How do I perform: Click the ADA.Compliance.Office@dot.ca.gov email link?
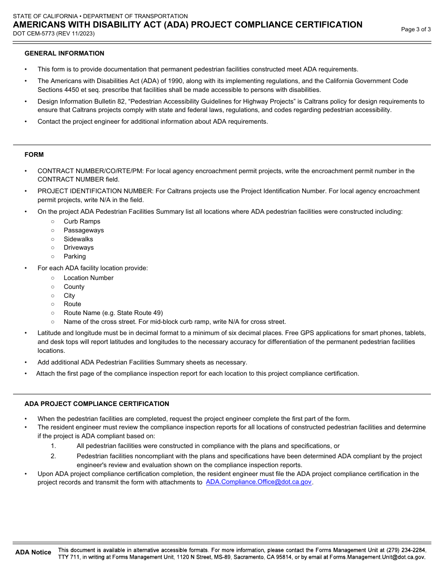258,482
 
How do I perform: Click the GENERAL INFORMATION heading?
64,53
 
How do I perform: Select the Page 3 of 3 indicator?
416,29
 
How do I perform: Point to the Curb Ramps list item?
82,221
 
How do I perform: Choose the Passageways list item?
84,230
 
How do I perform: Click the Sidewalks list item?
78,239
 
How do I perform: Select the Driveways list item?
79,247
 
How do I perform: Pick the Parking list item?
75,256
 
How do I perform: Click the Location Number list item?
88,278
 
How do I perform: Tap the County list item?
74,287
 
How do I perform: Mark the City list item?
69,295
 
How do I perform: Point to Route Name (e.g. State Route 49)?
113,313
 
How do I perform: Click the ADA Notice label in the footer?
33,552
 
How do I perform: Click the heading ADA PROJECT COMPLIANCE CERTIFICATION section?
97,404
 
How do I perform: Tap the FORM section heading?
34,154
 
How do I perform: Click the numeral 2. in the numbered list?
53,456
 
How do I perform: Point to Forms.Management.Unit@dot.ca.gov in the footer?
377,557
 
